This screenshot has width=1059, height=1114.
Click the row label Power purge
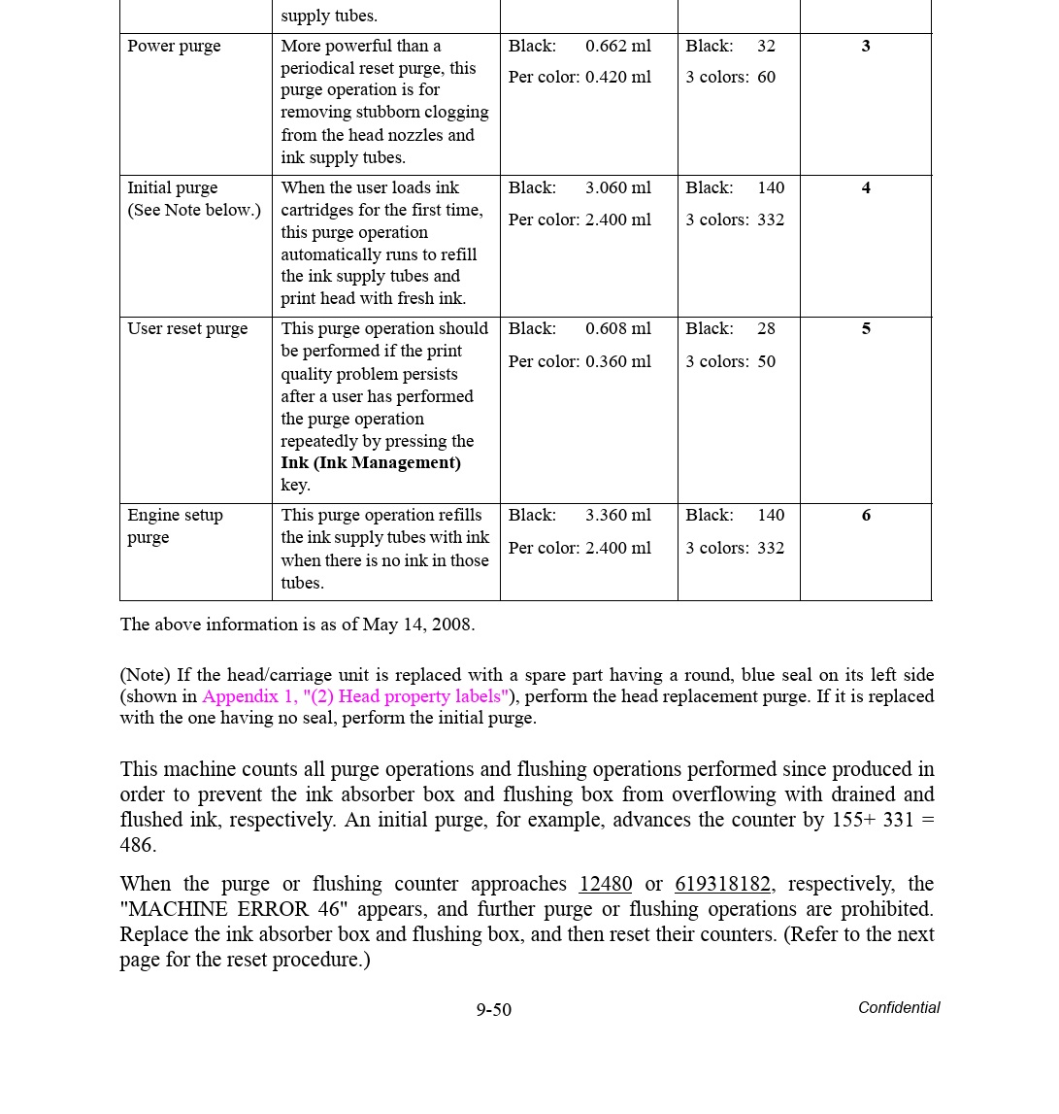[x=174, y=47]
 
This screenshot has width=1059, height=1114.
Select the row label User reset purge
[x=187, y=329]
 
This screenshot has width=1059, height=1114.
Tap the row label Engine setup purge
[x=175, y=526]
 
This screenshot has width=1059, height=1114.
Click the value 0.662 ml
[x=618, y=47]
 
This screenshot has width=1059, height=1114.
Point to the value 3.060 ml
[x=618, y=188]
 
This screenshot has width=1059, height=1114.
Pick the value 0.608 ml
[x=618, y=329]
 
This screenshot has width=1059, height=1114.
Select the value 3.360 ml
[x=618, y=516]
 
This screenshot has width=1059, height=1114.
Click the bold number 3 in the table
[x=866, y=47]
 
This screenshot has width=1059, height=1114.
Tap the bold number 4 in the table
[x=866, y=188]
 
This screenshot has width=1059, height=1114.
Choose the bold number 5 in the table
[x=866, y=329]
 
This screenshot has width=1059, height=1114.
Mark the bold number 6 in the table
[x=866, y=516]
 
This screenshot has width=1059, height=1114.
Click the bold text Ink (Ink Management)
[x=371, y=463]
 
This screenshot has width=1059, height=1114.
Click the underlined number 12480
[x=605, y=885]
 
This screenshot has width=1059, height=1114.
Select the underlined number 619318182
[x=722, y=885]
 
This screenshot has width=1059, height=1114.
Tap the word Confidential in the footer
[x=899, y=1008]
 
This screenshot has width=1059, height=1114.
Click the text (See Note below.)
[x=194, y=211]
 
